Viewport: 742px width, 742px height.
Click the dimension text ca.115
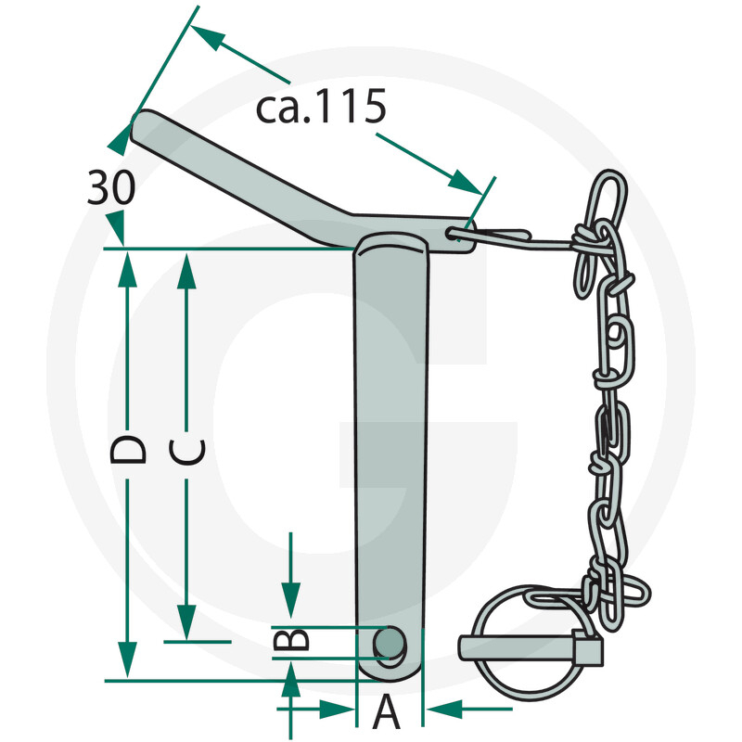320,109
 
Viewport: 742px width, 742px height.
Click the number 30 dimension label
111,188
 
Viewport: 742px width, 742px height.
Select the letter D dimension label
128,449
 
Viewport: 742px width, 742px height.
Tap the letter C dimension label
188,452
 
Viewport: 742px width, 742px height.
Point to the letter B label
291,640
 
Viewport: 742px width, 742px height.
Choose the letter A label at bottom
388,715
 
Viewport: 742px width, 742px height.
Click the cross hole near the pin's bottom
390,642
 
